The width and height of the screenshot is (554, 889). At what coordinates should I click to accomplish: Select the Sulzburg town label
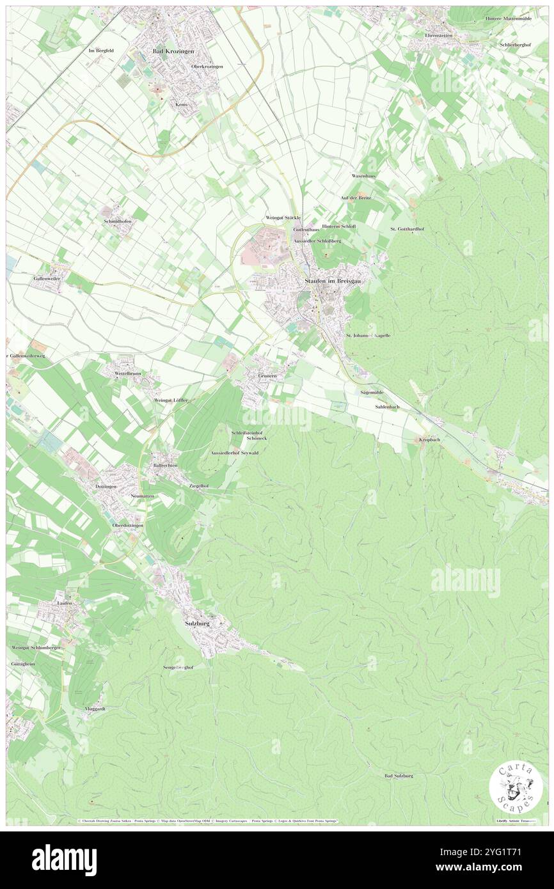coord(196,622)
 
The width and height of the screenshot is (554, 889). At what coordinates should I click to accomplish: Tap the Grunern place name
coord(267,376)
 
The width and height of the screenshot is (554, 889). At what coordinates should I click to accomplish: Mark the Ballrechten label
coord(165,465)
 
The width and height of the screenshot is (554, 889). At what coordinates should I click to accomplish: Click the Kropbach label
coord(430,439)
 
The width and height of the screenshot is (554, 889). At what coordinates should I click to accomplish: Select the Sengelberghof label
coord(177,666)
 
